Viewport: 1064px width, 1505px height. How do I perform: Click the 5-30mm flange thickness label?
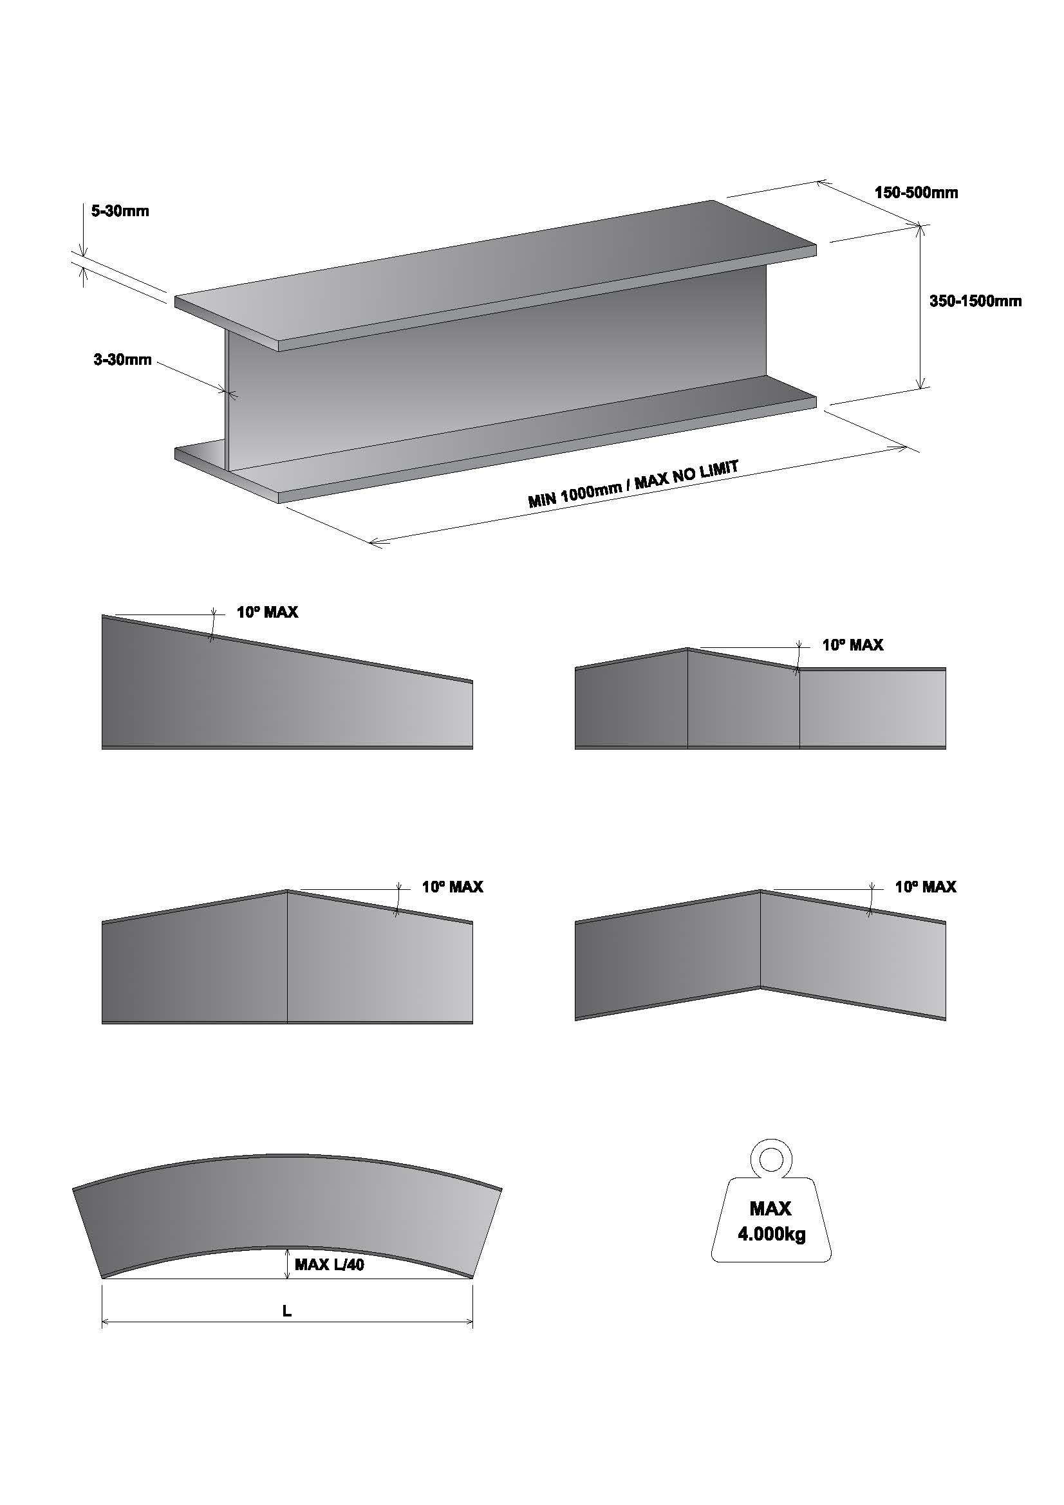[x=120, y=211]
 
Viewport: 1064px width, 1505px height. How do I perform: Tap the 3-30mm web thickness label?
[x=122, y=360]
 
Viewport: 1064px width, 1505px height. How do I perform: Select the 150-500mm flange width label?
[x=916, y=193]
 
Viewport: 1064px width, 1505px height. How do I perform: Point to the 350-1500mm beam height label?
[x=975, y=302]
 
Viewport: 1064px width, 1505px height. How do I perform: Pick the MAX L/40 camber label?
[x=329, y=1264]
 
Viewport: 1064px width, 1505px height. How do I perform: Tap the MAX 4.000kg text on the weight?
[x=771, y=1221]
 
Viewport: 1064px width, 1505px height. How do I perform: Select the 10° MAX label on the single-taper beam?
[x=268, y=612]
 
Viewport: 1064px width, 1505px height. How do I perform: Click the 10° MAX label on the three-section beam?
[x=852, y=645]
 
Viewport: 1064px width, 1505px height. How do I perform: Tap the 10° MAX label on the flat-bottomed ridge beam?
[x=453, y=887]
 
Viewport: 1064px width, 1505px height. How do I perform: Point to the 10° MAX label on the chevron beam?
[x=925, y=887]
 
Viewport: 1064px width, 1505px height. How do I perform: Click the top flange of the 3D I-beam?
[x=492, y=275]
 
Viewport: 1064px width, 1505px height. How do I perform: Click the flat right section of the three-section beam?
[x=872, y=708]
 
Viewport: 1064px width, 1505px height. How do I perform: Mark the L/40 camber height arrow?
[x=287, y=1264]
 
